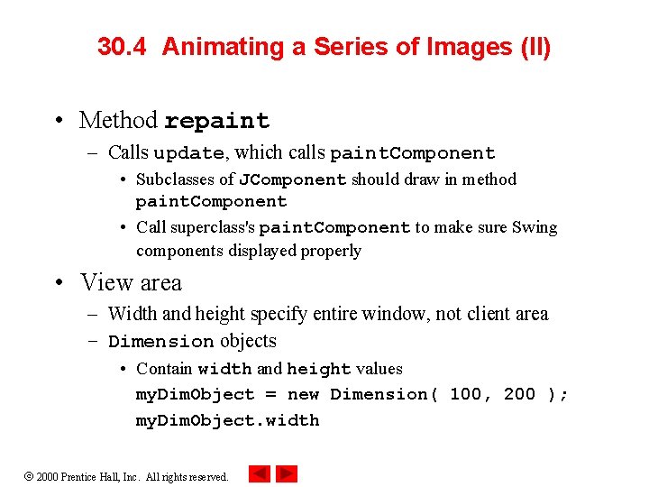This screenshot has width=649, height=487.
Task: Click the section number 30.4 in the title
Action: point(124,48)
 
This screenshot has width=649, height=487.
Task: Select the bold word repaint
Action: point(216,121)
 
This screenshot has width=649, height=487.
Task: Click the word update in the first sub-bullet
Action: point(188,153)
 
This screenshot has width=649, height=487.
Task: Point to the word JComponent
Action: point(292,179)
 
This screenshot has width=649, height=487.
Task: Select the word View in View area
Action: point(101,283)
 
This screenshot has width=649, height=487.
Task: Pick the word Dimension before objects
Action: point(161,342)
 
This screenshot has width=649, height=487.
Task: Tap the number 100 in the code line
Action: point(466,394)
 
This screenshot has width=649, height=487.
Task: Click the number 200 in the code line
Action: point(519,394)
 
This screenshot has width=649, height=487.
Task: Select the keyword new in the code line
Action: point(303,394)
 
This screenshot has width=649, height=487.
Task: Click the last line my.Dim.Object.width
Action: point(227,420)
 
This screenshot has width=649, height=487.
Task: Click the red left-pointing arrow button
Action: point(260,473)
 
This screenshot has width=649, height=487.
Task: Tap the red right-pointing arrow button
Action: point(287,473)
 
